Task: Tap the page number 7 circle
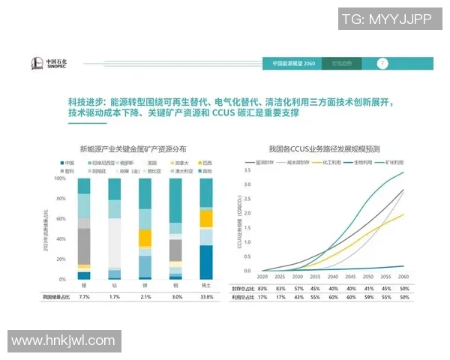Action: [382, 63]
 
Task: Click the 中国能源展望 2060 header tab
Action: [291, 64]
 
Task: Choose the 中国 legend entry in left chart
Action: [68, 163]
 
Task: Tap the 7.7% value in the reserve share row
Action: [84, 297]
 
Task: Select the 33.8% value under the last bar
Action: [205, 297]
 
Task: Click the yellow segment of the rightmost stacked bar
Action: [205, 218]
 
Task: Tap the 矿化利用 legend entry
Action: [394, 161]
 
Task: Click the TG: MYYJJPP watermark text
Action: [386, 19]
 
